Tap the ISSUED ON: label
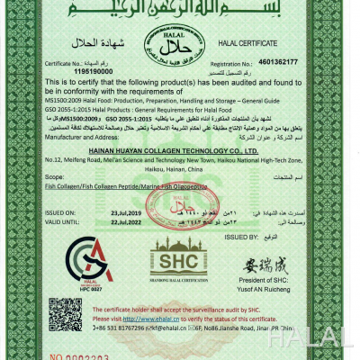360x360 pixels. [59, 214]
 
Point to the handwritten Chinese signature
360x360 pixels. [271, 267]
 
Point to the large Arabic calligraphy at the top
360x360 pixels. [179, 12]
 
